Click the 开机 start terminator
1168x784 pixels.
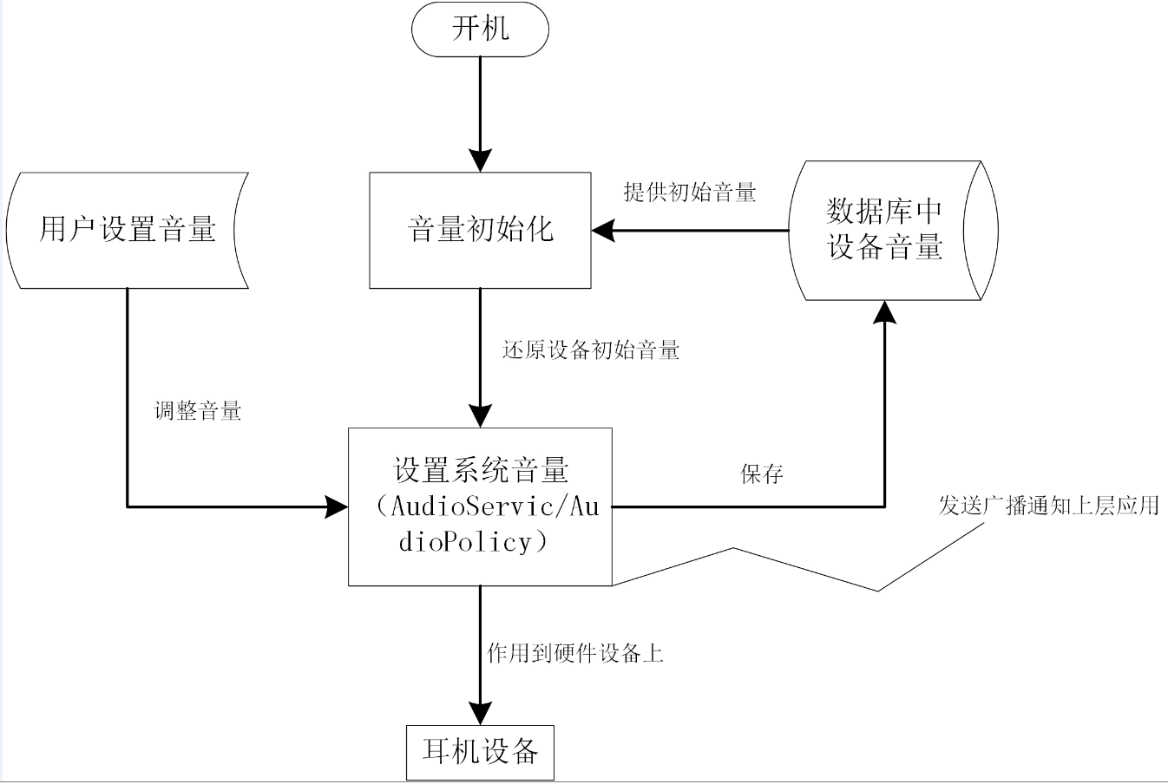pyautogui.click(x=480, y=29)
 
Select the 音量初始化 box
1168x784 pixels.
pyautogui.click(x=480, y=230)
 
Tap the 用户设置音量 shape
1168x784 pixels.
pyautogui.click(x=128, y=230)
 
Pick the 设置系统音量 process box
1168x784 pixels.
pyautogui.click(x=480, y=506)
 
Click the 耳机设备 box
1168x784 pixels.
pyautogui.click(x=480, y=751)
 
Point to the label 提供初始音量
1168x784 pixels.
pyautogui.click(x=690, y=193)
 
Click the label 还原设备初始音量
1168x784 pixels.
pyautogui.click(x=591, y=350)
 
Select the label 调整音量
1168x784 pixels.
pyautogui.click(x=198, y=411)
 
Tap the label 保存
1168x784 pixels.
pyautogui.click(x=762, y=474)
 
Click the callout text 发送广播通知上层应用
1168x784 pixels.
pyautogui.click(x=1048, y=506)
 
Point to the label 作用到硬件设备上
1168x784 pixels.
pyautogui.click(x=575, y=653)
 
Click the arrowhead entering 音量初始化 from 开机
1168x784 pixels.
pyautogui.click(x=480, y=160)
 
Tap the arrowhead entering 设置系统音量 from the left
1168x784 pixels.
pyautogui.click(x=336, y=506)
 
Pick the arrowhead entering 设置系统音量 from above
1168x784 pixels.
pyautogui.click(x=480, y=415)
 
